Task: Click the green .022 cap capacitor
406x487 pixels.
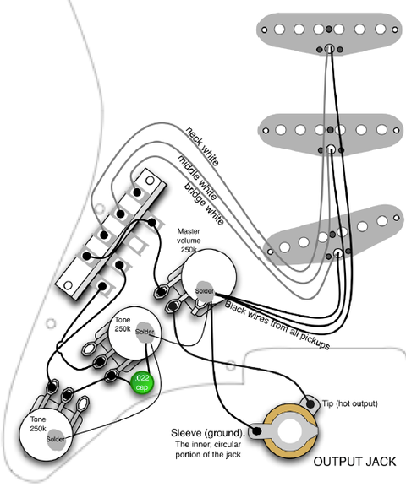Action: click(141, 383)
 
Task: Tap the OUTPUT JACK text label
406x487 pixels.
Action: click(354, 462)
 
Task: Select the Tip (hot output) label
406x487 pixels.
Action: click(349, 403)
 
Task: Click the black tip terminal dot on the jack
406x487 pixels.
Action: click(310, 404)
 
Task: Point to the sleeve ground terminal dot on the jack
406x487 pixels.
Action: click(256, 430)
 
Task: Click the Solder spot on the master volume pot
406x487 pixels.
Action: click(205, 291)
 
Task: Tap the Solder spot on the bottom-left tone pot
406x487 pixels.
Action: click(56, 439)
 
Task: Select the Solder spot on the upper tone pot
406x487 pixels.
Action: click(145, 332)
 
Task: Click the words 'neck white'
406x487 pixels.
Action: click(202, 146)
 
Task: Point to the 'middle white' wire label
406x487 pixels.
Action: click(197, 177)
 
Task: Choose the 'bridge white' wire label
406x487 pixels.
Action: click(204, 203)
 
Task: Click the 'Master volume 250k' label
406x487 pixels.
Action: click(189, 241)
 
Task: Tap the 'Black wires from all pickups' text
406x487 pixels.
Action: click(277, 325)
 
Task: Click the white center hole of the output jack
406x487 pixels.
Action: click(290, 431)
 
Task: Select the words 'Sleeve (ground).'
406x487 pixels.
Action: click(208, 433)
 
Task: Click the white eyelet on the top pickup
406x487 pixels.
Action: click(329, 49)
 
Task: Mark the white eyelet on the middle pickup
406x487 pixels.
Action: click(331, 149)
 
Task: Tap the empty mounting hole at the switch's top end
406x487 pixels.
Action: click(150, 180)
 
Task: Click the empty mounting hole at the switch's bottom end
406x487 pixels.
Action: click(68, 285)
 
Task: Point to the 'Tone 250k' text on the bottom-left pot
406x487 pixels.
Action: click(38, 424)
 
